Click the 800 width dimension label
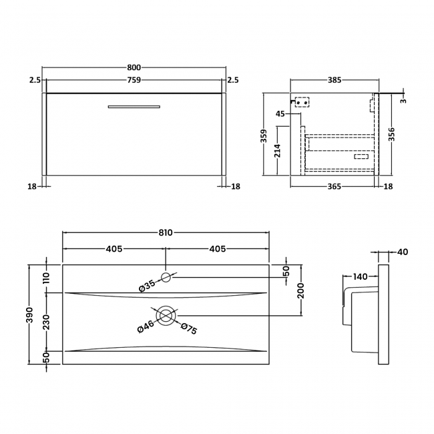pos(134,67)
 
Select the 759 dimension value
pos(134,80)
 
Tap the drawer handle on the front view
pos(134,107)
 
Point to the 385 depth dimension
pos(335,80)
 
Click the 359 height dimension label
pos(264,136)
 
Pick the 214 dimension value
pos(278,150)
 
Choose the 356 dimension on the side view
pos(391,134)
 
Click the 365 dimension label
pos(335,186)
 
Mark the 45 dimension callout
pos(280,114)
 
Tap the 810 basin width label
pos(166,233)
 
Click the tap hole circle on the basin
pos(166,277)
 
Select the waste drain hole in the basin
pos(166,316)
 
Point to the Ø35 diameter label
pos(147,286)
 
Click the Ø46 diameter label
pos(146,327)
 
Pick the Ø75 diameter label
pos(189,329)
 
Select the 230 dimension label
pos(46,322)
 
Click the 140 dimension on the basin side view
pos(361,276)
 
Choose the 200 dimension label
pos(301,290)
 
